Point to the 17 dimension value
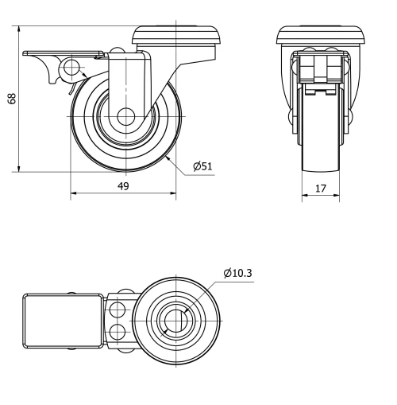point(322,189)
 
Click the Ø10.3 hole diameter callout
point(238,273)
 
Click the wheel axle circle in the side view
point(124,116)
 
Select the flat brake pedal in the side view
point(64,54)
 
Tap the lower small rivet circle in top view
point(118,330)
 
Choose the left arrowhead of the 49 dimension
point(74,193)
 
